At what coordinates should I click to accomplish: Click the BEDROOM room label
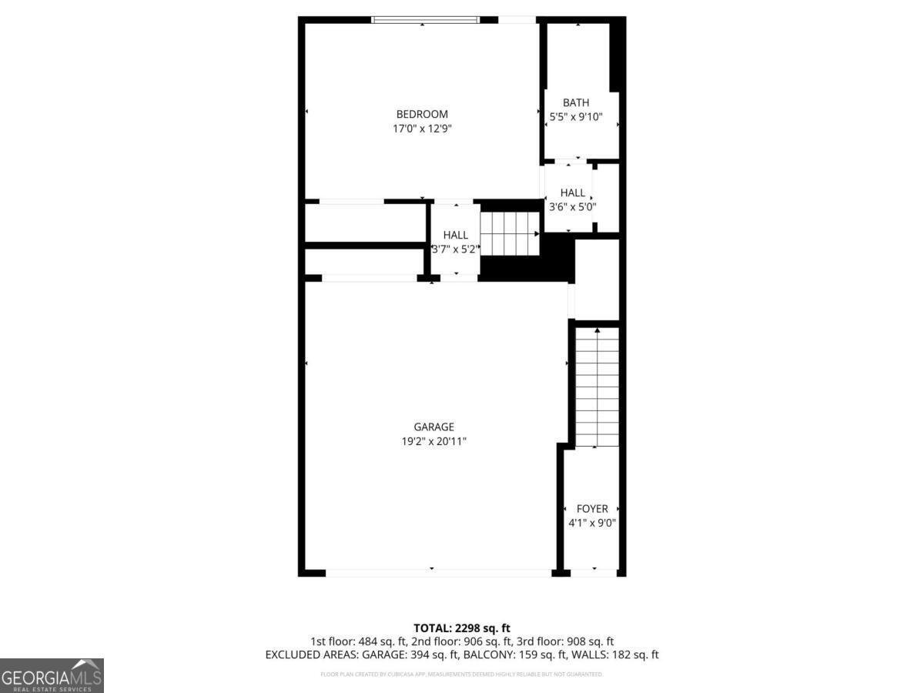point(422,115)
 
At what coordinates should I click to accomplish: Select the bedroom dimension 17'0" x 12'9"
point(422,129)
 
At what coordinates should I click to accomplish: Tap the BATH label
point(576,102)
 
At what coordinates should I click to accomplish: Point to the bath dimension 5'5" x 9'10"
point(576,117)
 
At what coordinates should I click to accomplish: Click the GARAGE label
point(434,427)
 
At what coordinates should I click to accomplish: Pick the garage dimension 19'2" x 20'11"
point(434,441)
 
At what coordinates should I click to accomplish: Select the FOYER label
point(592,509)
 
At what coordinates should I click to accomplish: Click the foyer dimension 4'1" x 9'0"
point(592,523)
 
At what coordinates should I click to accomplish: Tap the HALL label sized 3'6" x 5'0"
point(573,192)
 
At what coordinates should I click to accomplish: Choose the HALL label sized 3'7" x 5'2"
point(455,235)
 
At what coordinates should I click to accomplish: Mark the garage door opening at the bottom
point(437,572)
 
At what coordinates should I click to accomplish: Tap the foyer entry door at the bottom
point(594,572)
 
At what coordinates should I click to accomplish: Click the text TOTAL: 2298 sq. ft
point(462,628)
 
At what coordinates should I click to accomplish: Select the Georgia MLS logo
point(52,675)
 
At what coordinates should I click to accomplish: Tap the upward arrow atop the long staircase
point(598,330)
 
